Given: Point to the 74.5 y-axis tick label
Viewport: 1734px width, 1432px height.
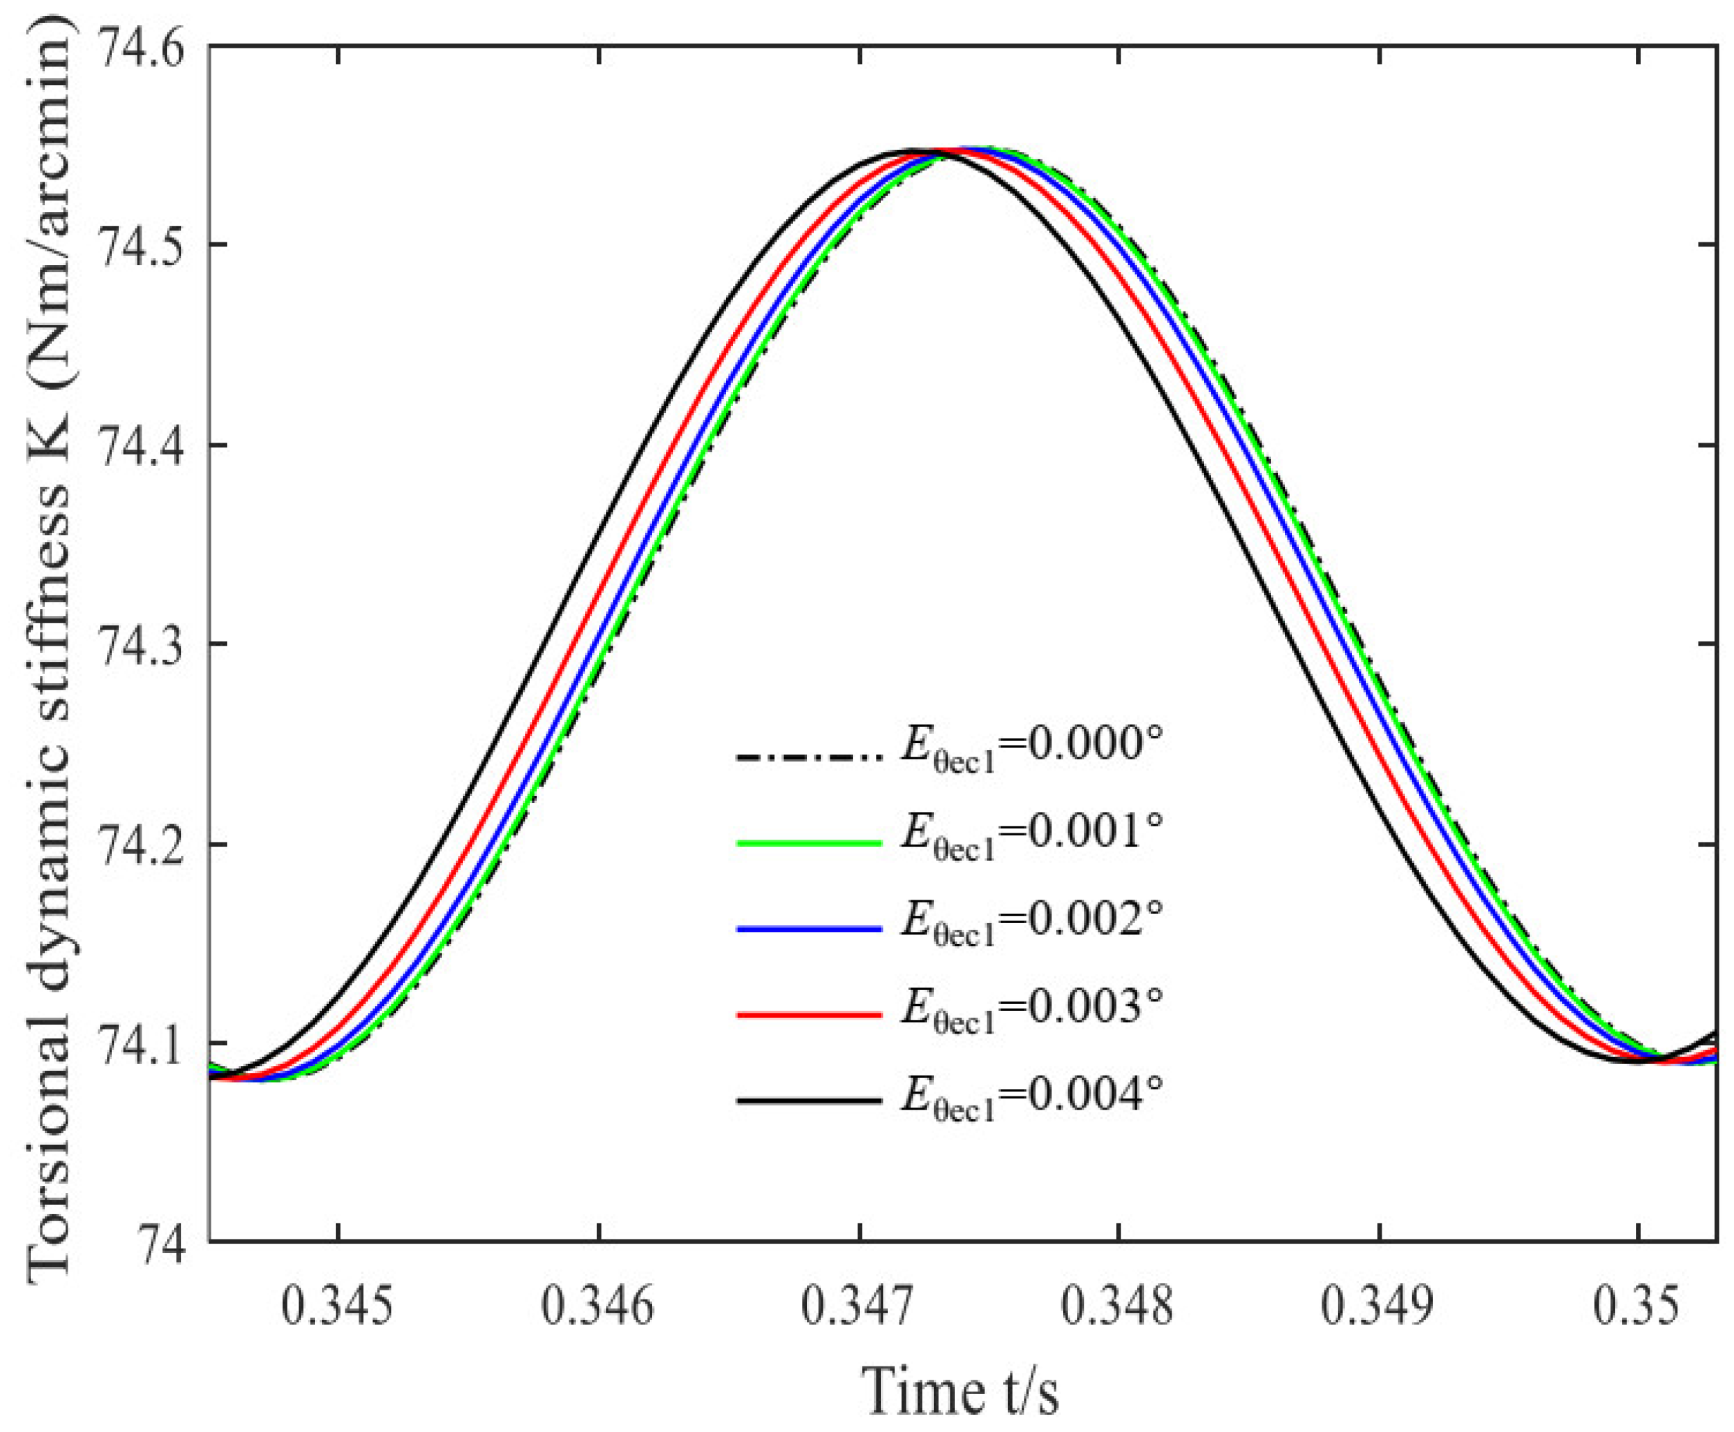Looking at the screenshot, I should coord(149,244).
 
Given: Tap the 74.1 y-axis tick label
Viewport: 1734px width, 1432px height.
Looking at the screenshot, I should coord(149,1043).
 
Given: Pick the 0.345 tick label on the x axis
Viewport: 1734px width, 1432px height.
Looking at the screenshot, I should coord(338,1306).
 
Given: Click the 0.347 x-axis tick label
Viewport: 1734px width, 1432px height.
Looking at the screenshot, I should coord(857,1306).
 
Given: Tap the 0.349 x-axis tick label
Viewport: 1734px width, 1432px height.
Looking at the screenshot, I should coord(1377,1306).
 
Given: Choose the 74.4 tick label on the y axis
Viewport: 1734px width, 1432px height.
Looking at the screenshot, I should coord(149,445).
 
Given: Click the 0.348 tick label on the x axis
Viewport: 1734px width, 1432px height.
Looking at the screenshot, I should coord(1116,1306).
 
